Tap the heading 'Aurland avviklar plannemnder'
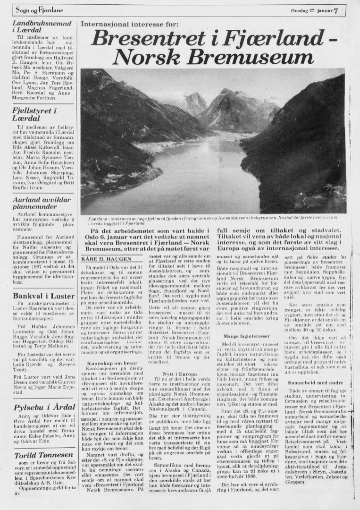[42, 203]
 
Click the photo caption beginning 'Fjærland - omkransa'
[212, 221]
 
